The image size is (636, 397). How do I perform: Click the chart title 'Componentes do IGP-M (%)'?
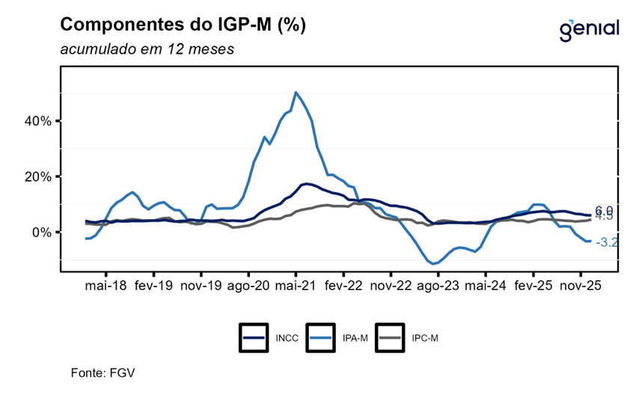pyautogui.click(x=183, y=25)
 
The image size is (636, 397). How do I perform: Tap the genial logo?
pyautogui.click(x=589, y=29)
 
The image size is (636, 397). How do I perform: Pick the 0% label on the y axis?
pyautogui.click(x=40, y=233)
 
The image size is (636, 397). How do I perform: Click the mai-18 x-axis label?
pyautogui.click(x=106, y=285)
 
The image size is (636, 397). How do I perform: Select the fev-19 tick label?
pyautogui.click(x=153, y=285)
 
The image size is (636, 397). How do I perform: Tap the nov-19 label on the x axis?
pyautogui.click(x=201, y=285)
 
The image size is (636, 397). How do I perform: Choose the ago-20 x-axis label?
pyautogui.click(x=248, y=285)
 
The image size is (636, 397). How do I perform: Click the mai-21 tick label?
pyautogui.click(x=296, y=285)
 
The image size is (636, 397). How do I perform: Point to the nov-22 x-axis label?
pyautogui.click(x=391, y=285)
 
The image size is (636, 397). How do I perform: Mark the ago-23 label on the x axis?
pyautogui.click(x=438, y=285)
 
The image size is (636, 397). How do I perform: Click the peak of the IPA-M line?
pyautogui.click(x=296, y=93)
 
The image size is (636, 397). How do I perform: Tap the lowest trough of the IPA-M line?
pyautogui.click(x=433, y=263)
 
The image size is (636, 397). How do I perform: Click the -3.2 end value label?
pyautogui.click(x=606, y=242)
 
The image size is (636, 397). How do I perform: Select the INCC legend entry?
pyautogui.click(x=270, y=338)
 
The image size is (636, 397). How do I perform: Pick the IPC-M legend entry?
pyautogui.click(x=408, y=338)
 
